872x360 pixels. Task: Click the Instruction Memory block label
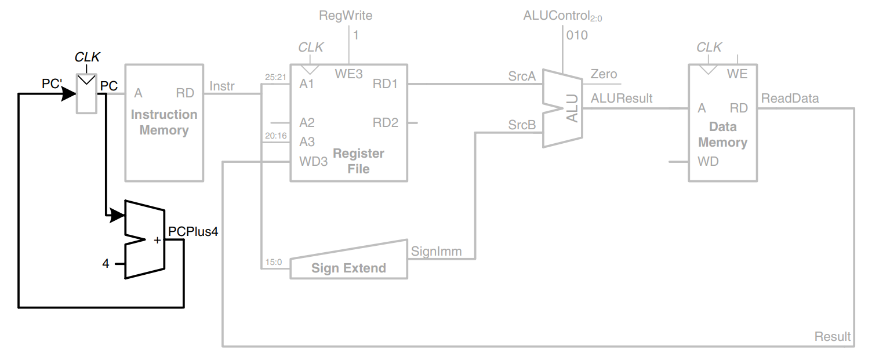164,122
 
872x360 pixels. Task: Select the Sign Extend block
348,268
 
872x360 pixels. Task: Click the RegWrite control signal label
346,16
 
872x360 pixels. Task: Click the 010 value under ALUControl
577,35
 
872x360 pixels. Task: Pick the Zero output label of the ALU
604,74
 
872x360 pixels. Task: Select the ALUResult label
622,98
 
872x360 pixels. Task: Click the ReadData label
790,98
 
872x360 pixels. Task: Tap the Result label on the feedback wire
833,336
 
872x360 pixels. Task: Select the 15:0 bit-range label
274,262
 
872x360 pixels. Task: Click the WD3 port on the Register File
313,161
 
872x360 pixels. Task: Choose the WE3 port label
349,74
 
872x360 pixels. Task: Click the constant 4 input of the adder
106,264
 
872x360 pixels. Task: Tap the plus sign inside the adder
157,240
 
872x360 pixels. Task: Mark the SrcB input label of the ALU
522,124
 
